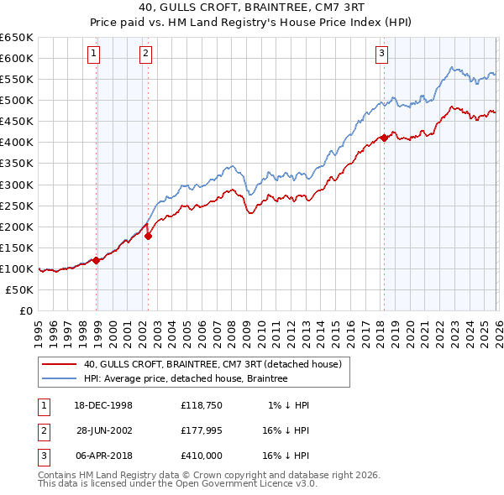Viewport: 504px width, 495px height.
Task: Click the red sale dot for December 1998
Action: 97,260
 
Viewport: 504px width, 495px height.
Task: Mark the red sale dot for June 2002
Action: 149,236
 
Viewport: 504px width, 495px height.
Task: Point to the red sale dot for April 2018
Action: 384,138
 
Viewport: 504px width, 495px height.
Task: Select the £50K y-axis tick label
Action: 20,289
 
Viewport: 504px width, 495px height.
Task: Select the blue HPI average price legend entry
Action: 186,379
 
